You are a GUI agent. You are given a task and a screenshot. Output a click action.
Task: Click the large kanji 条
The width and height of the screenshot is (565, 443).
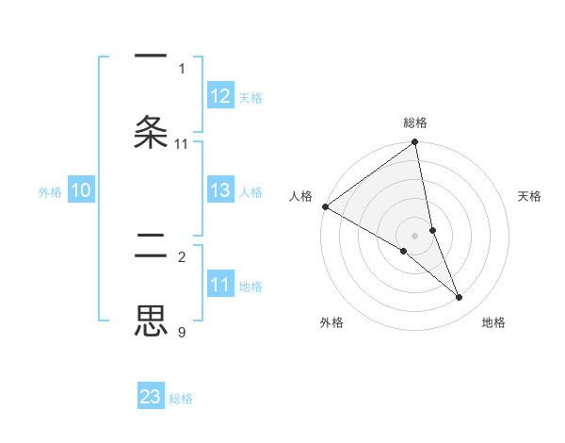pos(152,131)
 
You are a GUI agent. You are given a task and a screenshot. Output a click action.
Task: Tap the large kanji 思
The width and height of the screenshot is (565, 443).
pos(152,320)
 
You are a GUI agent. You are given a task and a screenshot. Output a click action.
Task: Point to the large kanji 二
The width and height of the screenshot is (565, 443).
pos(152,248)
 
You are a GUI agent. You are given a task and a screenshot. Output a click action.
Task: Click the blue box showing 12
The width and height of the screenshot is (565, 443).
pos(220,96)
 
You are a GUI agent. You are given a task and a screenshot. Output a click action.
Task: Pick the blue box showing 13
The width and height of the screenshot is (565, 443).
pos(220,190)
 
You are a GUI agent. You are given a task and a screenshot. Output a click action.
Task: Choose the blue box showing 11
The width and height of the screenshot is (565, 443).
pos(220,285)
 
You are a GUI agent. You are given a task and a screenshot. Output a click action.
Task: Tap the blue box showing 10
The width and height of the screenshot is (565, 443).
pos(81,190)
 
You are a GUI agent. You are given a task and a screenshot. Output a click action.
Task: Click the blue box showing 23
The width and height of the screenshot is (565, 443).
pos(151,397)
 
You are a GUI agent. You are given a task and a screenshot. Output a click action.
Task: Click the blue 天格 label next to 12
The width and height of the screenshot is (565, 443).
pos(250,97)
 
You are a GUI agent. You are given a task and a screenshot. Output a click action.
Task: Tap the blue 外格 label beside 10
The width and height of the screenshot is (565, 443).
pos(50,191)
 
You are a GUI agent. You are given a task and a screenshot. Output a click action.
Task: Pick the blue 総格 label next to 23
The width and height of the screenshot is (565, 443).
pos(181,398)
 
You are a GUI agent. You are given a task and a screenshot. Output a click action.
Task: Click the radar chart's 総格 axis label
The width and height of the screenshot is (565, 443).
pos(415,123)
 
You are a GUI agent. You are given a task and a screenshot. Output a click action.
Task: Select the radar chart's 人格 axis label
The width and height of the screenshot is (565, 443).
pos(300,195)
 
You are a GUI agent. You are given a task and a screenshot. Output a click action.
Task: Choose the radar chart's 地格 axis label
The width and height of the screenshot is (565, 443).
pos(493,322)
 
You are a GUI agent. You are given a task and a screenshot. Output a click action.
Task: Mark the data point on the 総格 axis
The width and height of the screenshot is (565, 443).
pos(415,143)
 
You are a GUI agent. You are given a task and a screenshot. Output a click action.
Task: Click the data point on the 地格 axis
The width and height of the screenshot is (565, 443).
pos(460,298)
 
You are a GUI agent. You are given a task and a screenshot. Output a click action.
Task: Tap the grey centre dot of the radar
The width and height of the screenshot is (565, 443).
pos(415,235)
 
